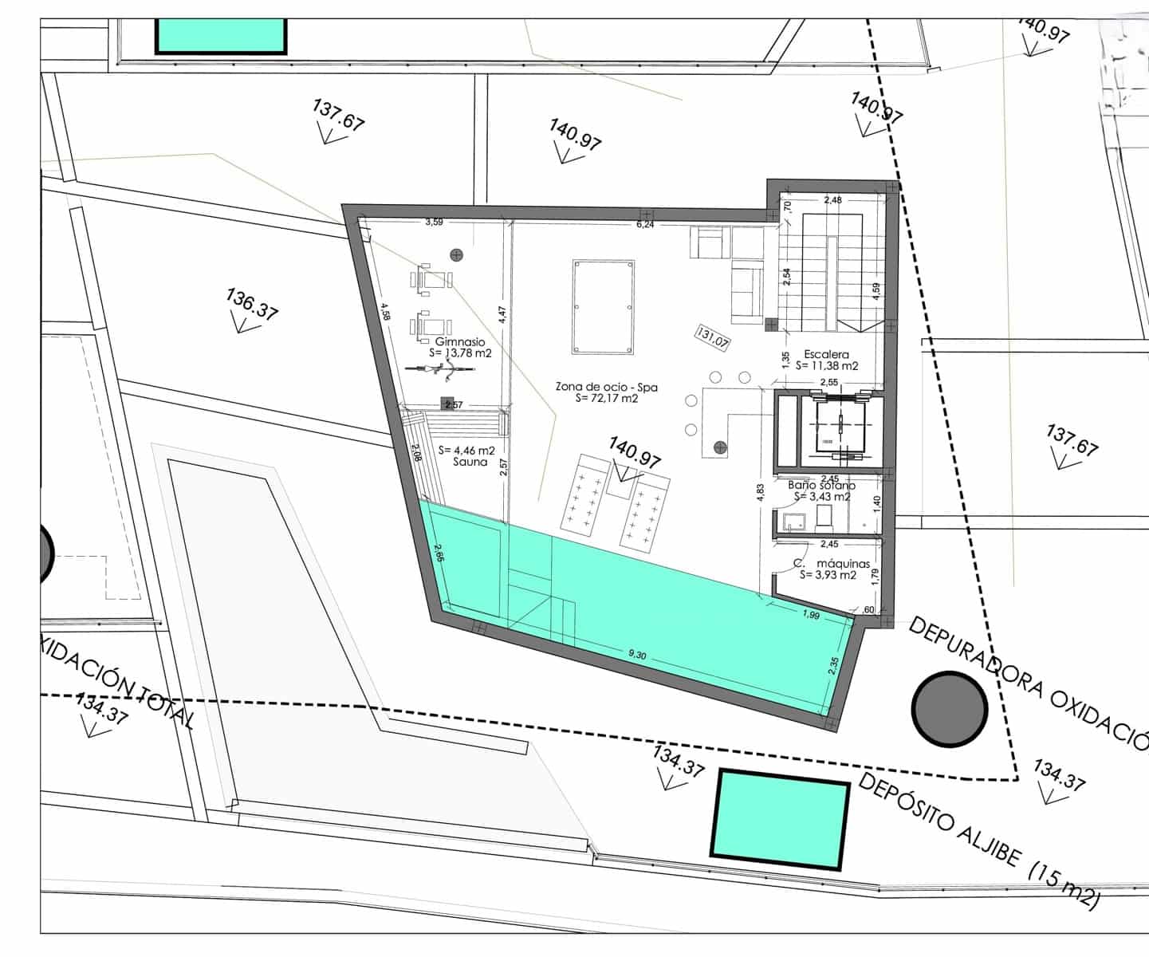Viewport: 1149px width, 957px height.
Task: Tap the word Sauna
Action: click(x=470, y=462)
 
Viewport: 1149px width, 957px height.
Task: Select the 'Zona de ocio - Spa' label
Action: click(x=607, y=387)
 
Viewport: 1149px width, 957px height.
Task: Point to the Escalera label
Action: click(x=827, y=354)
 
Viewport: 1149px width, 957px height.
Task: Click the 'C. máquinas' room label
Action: click(x=832, y=563)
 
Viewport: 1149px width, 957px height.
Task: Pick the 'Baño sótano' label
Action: click(x=821, y=485)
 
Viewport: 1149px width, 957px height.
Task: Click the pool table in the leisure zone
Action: click(x=604, y=307)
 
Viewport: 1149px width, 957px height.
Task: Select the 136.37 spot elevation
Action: click(x=251, y=305)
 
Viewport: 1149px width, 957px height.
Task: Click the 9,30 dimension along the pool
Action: click(x=637, y=655)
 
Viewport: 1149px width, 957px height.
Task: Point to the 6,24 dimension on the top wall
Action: click(x=645, y=225)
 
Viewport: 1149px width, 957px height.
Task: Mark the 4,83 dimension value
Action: click(x=760, y=493)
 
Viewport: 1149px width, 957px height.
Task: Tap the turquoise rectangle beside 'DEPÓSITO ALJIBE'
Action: click(x=780, y=818)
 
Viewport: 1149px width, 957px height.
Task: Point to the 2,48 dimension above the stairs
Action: click(x=832, y=200)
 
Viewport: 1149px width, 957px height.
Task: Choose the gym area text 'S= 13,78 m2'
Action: click(x=460, y=352)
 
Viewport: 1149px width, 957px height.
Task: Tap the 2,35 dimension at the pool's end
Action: click(x=833, y=665)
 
